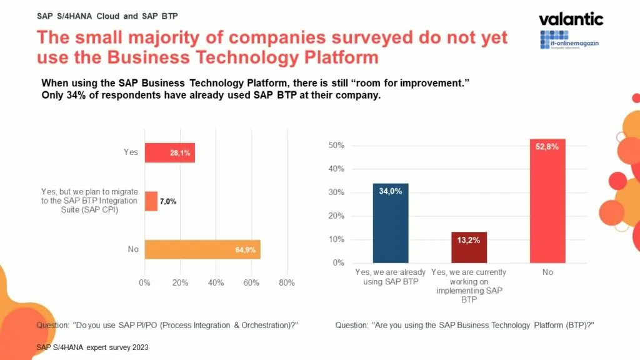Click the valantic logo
[571, 19]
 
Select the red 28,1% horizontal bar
[169, 152]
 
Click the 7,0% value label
[167, 201]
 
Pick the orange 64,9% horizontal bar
[202, 249]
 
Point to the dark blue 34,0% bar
[391, 223]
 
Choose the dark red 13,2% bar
[469, 247]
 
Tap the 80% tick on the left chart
[287, 282]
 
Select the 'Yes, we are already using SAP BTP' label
[391, 277]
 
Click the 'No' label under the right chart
[547, 272]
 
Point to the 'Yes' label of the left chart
[131, 152]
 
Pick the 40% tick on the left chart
[216, 282]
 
